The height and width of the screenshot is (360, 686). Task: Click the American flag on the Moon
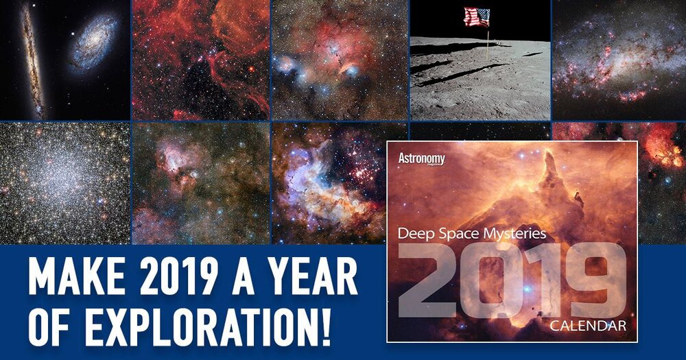[x=477, y=17]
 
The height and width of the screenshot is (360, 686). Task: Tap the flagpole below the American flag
[x=488, y=44]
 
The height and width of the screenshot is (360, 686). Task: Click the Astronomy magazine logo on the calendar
[x=421, y=159]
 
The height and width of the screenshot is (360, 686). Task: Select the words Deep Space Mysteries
[x=472, y=234]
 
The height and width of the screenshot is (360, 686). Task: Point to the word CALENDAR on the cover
[x=588, y=326]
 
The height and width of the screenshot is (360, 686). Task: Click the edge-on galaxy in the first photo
[x=33, y=60]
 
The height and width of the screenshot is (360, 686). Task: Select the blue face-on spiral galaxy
[x=94, y=43]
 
